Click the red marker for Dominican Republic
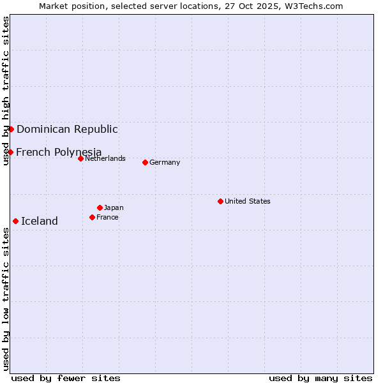(x=11, y=129)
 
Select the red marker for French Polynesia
(x=10, y=152)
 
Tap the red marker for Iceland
(x=15, y=221)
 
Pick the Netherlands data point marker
(x=80, y=158)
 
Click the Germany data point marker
(x=145, y=162)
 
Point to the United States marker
(x=220, y=201)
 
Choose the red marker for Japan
(x=100, y=207)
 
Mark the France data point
(x=92, y=217)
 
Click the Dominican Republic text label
(x=67, y=129)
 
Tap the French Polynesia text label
(x=59, y=152)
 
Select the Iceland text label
(x=40, y=221)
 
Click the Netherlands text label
(x=105, y=158)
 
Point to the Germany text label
(x=165, y=162)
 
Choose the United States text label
(x=248, y=201)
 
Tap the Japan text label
(x=114, y=207)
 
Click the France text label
(x=107, y=217)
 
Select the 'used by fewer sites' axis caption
(x=66, y=378)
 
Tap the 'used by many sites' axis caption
(x=320, y=378)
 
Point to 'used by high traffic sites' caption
(x=6, y=91)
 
